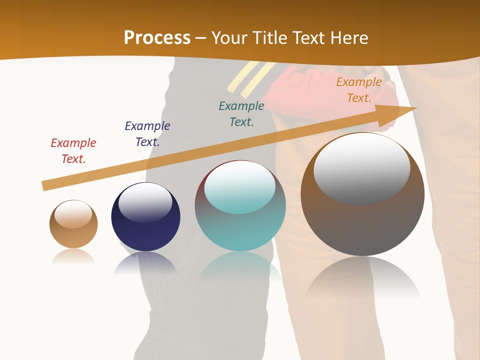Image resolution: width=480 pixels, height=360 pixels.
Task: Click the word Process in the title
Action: point(157,37)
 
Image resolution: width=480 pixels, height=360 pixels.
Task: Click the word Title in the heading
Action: point(269,37)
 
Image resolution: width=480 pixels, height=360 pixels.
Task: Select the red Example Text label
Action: point(73,151)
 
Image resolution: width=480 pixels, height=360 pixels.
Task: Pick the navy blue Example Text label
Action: point(147,134)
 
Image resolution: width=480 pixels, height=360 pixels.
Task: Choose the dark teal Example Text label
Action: point(241,114)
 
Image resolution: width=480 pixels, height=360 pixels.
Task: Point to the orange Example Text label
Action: point(359,90)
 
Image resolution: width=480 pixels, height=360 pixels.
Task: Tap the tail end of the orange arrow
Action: point(46,185)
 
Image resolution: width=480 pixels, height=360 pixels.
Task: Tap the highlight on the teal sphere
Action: point(240,186)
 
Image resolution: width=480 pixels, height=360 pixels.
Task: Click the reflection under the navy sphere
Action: point(145,262)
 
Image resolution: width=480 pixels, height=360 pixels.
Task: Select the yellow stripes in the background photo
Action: point(250,77)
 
